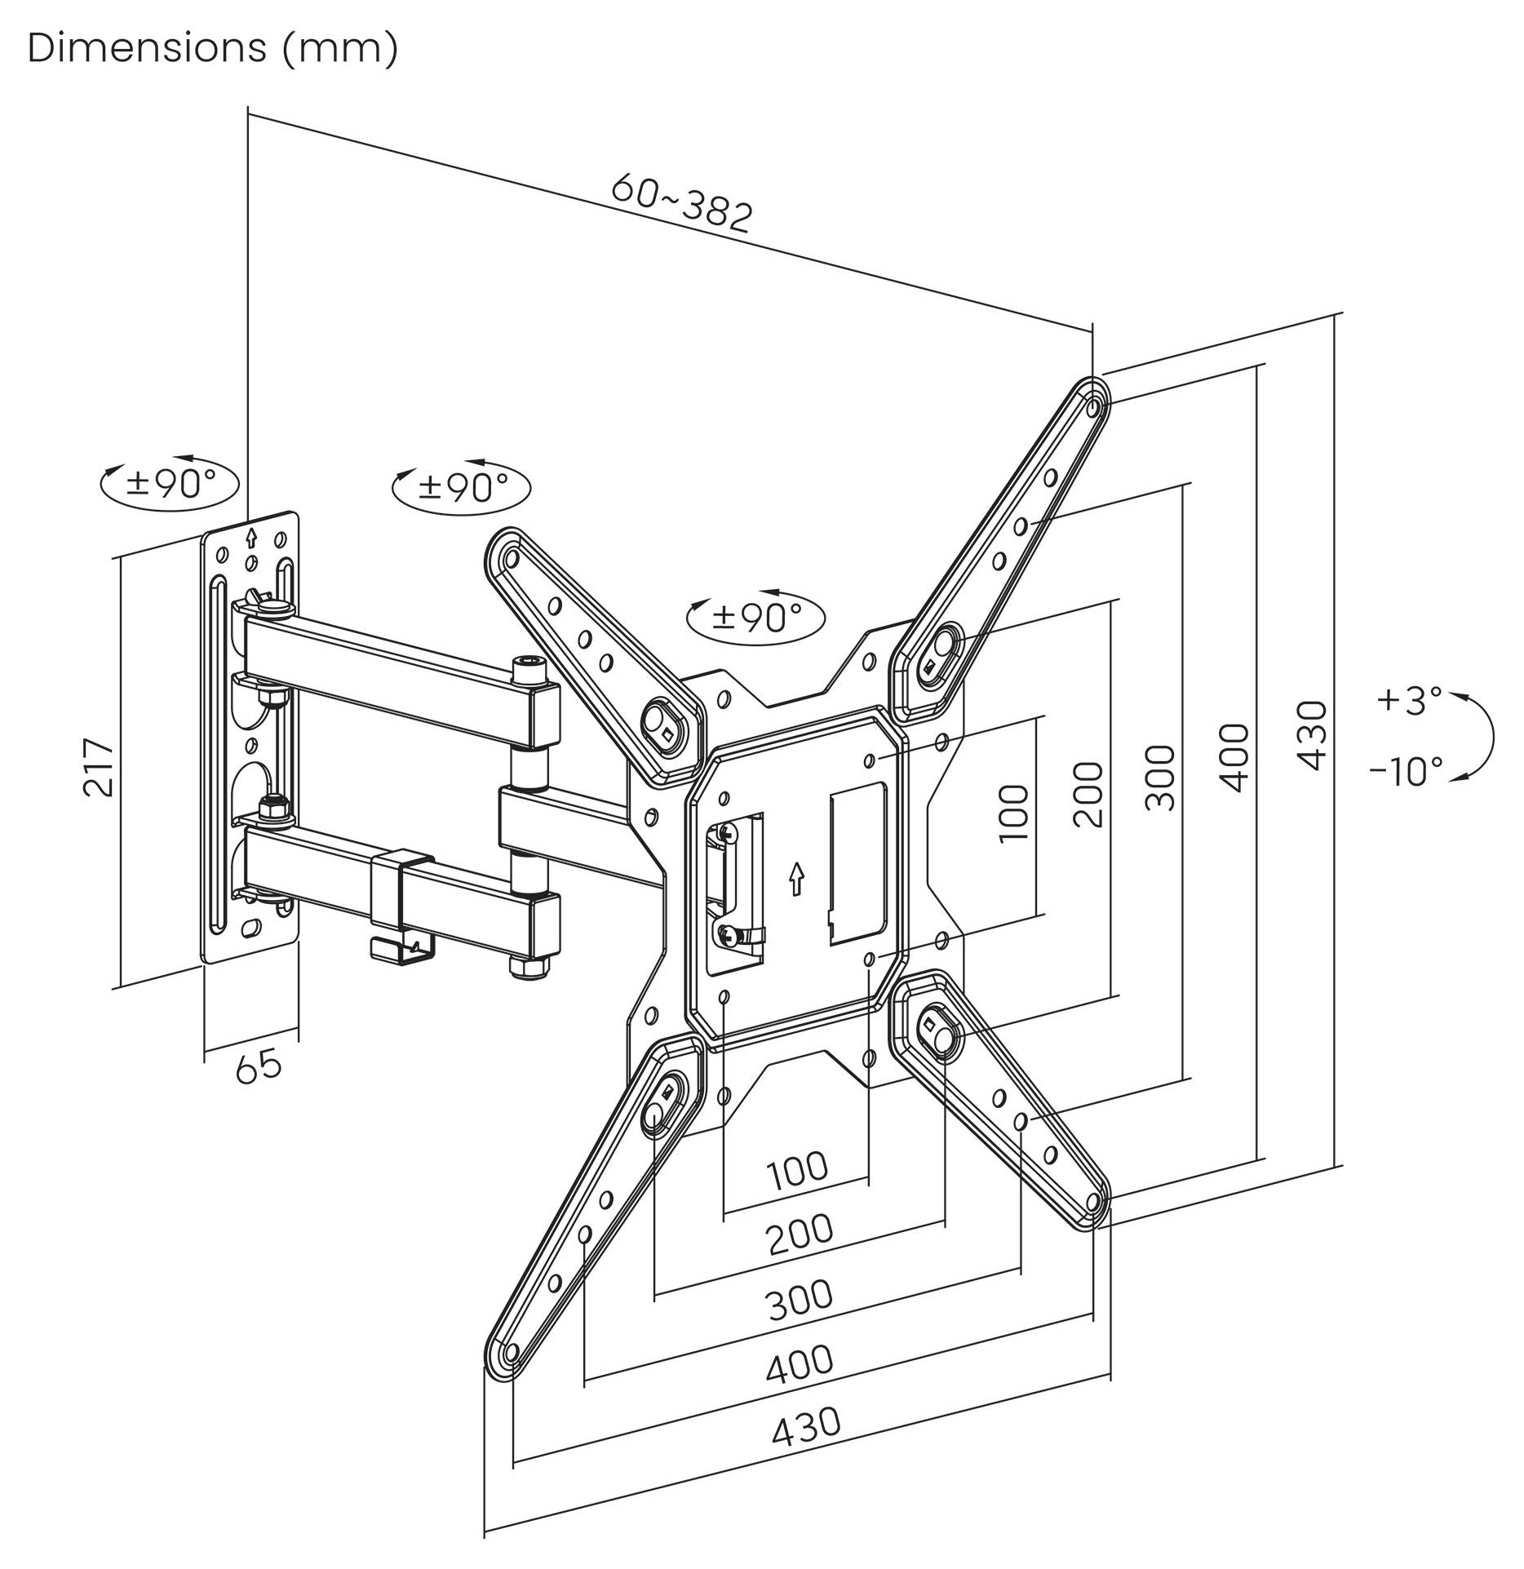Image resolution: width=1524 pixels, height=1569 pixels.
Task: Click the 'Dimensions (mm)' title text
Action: (212, 49)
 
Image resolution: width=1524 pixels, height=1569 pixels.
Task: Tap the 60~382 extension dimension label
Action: (681, 202)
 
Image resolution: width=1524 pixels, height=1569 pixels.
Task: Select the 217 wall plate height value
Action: (98, 767)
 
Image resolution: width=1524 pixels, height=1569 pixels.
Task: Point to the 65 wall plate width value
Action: (259, 1066)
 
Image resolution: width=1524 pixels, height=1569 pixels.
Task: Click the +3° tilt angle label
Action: (1409, 700)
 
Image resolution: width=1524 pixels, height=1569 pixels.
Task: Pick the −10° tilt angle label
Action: (1406, 771)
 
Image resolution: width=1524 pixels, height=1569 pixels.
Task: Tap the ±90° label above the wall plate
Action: (170, 484)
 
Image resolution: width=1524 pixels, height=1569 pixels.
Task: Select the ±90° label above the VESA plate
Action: (756, 618)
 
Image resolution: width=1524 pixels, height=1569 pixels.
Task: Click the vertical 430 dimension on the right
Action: (1312, 734)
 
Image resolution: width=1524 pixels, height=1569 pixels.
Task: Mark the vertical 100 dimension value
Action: (1013, 814)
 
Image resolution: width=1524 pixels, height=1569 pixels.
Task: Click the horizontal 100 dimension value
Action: (797, 1170)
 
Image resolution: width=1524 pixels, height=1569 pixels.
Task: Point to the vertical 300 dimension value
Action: (1160, 777)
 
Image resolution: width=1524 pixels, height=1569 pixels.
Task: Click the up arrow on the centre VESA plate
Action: (796, 880)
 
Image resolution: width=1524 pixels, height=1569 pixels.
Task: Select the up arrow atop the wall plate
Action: (251, 537)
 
